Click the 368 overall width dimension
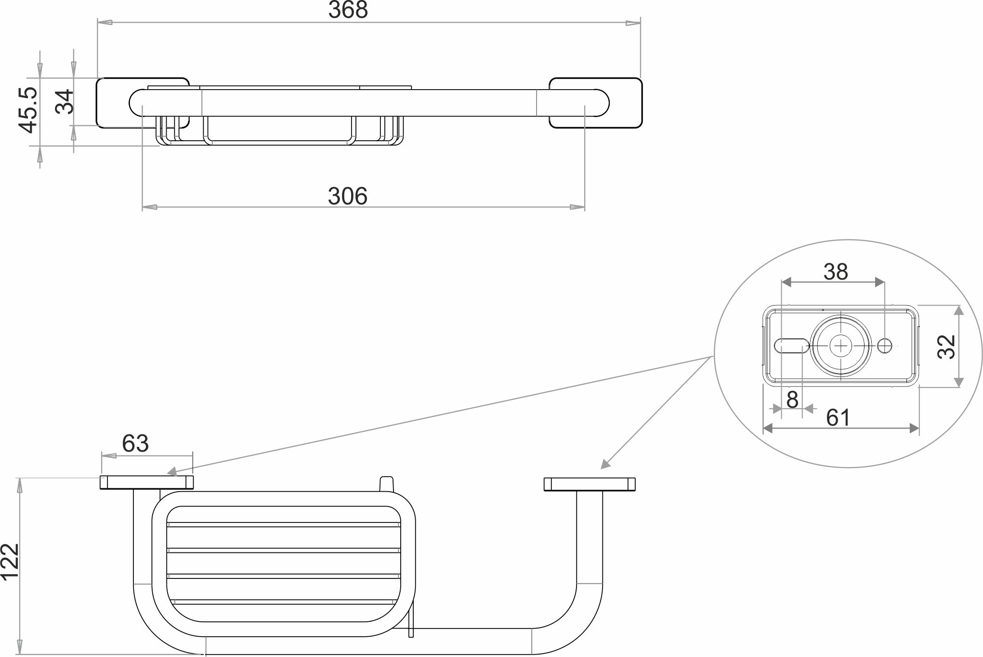[x=348, y=10]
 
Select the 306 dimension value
[x=347, y=197]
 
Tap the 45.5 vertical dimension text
[x=28, y=110]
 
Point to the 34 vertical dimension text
[x=65, y=101]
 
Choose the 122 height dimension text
[x=10, y=563]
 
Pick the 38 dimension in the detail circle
[x=835, y=272]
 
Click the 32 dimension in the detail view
[x=946, y=347]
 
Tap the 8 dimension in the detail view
[x=792, y=400]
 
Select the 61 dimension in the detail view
[x=838, y=417]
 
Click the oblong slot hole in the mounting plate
[x=791, y=345]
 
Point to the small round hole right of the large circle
[x=885, y=345]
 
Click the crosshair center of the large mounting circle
[x=841, y=345]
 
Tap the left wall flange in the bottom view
[x=147, y=483]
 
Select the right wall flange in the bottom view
[x=590, y=484]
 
